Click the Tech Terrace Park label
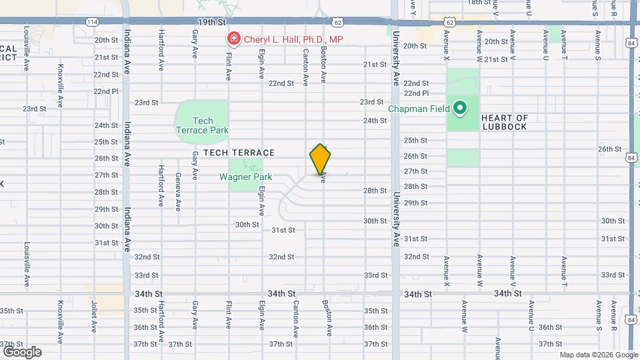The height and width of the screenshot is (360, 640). (202, 125)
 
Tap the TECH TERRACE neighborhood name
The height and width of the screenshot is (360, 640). (230, 153)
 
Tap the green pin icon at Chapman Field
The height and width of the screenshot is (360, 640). (460, 107)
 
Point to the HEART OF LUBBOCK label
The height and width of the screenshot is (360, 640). (504, 123)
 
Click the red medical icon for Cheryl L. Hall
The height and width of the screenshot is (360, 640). (233, 39)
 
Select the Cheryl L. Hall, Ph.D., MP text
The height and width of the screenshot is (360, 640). (293, 39)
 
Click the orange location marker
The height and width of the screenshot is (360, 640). (321, 159)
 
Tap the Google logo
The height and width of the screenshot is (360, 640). (21, 351)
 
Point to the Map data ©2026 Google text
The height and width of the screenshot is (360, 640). (598, 355)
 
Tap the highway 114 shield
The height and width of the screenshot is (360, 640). (91, 22)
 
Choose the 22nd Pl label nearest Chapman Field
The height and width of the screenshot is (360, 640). (416, 93)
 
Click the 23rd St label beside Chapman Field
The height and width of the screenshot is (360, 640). (371, 102)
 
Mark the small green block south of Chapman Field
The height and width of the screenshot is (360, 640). (463, 158)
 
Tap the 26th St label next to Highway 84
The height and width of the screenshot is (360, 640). (609, 149)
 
